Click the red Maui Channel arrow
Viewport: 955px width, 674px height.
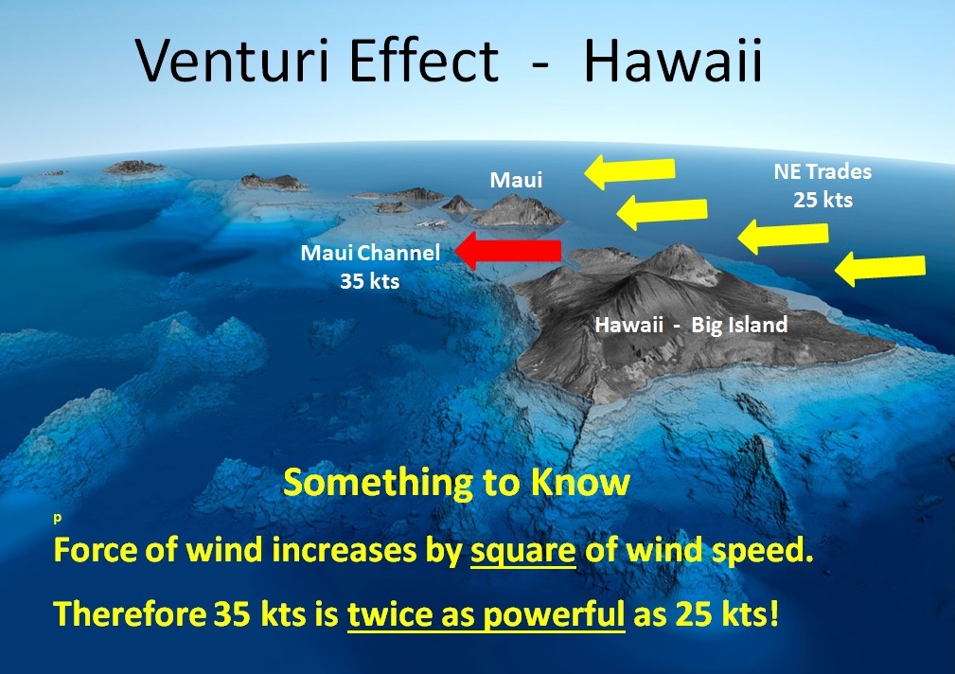click(508, 251)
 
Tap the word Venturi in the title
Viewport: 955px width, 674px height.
click(239, 62)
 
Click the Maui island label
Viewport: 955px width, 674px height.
click(516, 179)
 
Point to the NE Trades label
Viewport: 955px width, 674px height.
click(822, 173)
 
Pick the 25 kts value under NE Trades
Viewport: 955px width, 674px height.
click(822, 201)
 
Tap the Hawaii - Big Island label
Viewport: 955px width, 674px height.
click(691, 325)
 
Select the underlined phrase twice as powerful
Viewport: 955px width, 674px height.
click(486, 614)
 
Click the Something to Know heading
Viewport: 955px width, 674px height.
click(456, 483)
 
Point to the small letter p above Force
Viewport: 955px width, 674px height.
click(58, 520)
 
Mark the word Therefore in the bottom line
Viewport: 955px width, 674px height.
click(126, 614)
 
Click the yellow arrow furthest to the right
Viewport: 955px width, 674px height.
click(880, 269)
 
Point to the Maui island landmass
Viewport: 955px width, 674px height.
click(519, 211)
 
